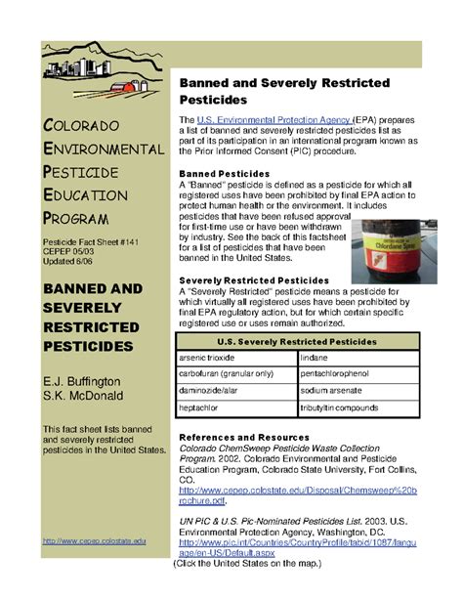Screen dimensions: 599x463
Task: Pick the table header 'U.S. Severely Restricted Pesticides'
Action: tap(297, 343)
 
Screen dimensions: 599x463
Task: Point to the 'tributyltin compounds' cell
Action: tap(346, 406)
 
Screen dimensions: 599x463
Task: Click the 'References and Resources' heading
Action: tap(246, 437)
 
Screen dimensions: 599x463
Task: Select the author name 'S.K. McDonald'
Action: tap(86, 397)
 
